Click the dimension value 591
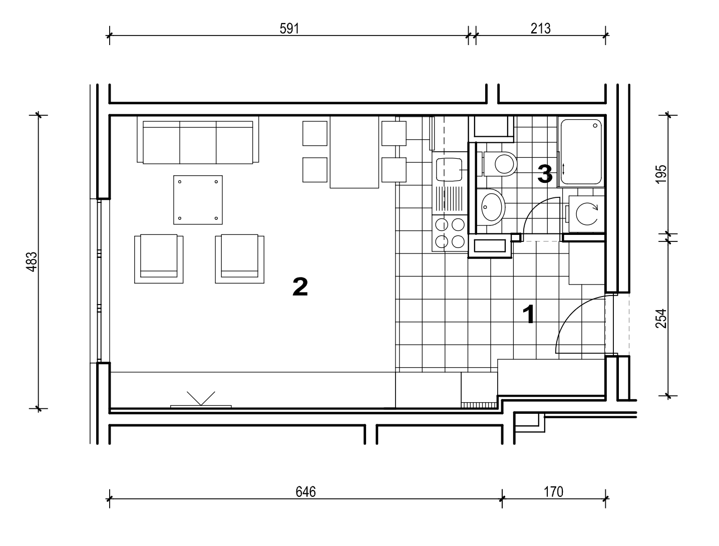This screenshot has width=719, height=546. (289, 29)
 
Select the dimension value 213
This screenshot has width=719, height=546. (540, 29)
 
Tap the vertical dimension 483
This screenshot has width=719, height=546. (32, 261)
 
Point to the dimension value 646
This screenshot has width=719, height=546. (305, 491)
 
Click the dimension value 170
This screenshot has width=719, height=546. (553, 491)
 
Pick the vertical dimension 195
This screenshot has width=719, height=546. (661, 174)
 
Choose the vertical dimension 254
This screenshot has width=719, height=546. (661, 318)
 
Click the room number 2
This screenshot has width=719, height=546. (300, 287)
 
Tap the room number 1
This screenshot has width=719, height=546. (528, 314)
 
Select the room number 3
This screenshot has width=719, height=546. (545, 174)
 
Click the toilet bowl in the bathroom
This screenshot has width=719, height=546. (500, 164)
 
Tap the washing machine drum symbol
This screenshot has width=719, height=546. (587, 214)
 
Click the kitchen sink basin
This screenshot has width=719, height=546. (449, 170)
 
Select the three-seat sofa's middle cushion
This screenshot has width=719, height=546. (197, 142)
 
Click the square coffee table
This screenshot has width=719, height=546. (198, 200)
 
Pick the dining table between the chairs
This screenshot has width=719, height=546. (354, 152)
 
